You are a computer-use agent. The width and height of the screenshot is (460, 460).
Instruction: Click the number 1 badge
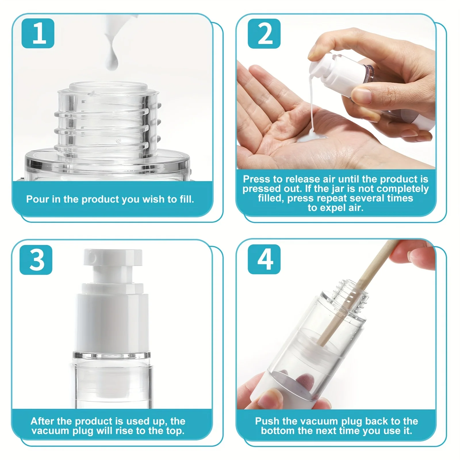(x=38, y=33)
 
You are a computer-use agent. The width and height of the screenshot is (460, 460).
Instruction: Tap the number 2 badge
(x=264, y=33)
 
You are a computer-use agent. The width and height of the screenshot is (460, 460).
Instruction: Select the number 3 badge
(x=36, y=260)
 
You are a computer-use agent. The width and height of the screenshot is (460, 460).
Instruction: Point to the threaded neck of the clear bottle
(x=108, y=121)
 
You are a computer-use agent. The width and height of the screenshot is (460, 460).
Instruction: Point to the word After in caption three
(x=42, y=421)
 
